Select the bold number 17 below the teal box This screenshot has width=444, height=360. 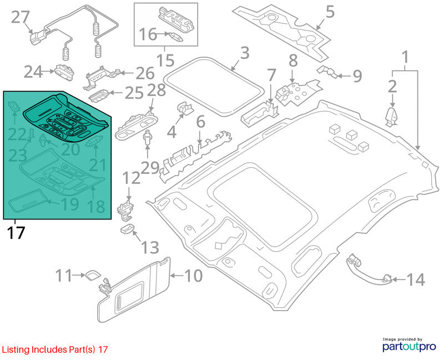coord(16,233)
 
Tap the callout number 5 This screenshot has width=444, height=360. coord(330,12)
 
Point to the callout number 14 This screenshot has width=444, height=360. coord(416,279)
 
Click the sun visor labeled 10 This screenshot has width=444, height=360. coord(134,290)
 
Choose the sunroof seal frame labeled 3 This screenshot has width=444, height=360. coord(214,87)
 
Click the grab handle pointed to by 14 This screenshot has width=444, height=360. coord(369,270)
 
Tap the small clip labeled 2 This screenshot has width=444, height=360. coord(392,117)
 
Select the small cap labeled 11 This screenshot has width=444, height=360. coord(93,274)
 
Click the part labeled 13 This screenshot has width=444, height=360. coord(127,228)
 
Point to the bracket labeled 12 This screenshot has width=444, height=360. coord(125,211)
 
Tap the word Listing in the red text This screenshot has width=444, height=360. coord(16,349)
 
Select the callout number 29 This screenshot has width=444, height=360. coord(150,168)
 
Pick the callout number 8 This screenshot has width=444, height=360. coord(293,61)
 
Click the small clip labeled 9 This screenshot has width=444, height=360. coord(327,72)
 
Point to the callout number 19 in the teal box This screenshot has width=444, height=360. coord(70,204)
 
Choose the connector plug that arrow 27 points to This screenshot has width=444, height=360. coord(39,38)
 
